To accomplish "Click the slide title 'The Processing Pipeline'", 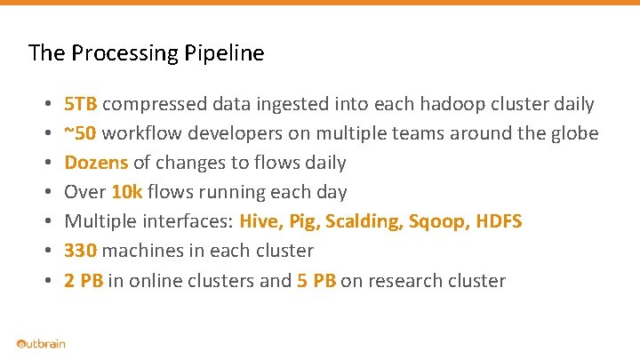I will [x=146, y=53].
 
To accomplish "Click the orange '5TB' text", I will [x=82, y=104].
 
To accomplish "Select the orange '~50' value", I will [x=81, y=133].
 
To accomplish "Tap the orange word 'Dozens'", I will [x=96, y=163].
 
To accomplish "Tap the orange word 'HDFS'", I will [x=500, y=221].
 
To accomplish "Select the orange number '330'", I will [x=80, y=251].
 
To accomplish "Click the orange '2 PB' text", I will [x=84, y=281].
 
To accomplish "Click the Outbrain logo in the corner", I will [x=41, y=344].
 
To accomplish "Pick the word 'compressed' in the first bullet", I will [x=156, y=104].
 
